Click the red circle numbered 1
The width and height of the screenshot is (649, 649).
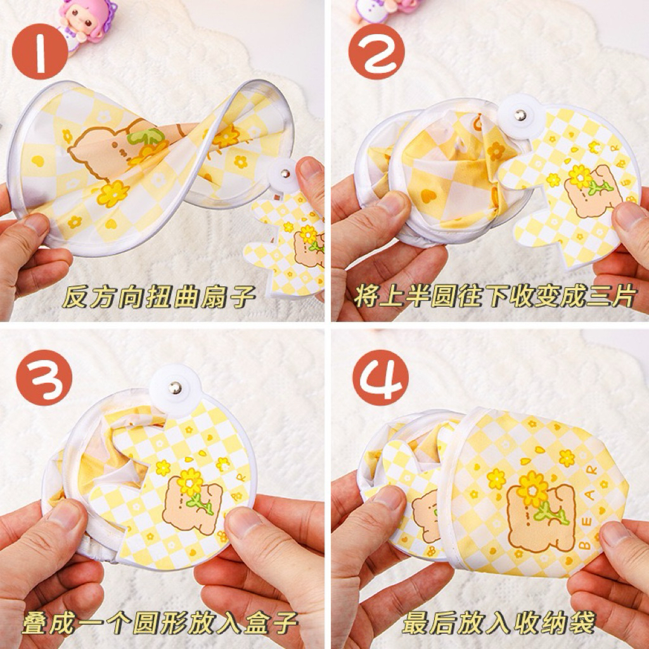(x=40, y=52)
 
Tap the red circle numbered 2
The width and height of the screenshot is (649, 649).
(x=376, y=52)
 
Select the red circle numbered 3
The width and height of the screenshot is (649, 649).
(x=44, y=378)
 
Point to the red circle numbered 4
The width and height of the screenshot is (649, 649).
(x=380, y=378)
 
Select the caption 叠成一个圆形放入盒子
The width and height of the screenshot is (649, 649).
(x=160, y=622)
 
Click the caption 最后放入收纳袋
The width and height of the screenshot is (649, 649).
(x=499, y=622)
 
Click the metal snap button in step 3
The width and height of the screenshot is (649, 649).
(x=175, y=388)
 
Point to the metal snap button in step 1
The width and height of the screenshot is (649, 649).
(x=285, y=174)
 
